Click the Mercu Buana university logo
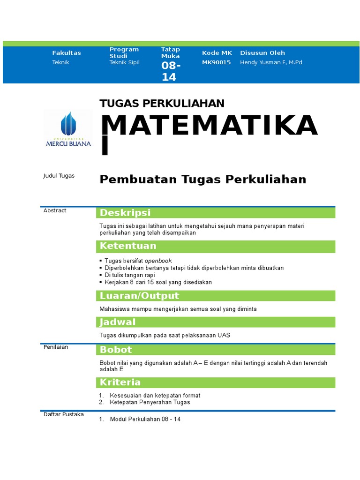pos(68,129)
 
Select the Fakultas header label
pos(67,53)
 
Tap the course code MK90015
pos(216,62)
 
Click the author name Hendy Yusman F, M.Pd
pos(271,62)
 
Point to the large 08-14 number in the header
pos(171,71)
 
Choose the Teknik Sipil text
pos(124,62)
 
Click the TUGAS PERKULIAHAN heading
pos(162,104)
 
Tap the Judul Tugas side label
pos(59,176)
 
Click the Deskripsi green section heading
pos(124,213)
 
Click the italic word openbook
pos(158,261)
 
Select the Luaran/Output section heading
pos(139,296)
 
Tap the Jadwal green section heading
pos(118,322)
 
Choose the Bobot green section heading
pos(116,350)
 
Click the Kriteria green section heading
pos(120,382)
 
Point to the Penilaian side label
pos(56,347)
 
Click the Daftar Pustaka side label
pos(63,414)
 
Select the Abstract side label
pos(55,210)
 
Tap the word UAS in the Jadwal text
pos(224,335)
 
